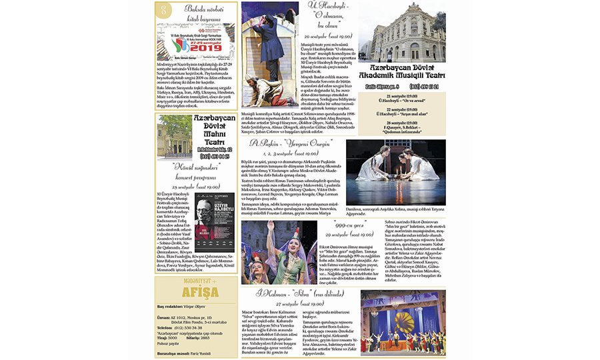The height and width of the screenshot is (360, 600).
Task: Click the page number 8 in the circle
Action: (x=164, y=10)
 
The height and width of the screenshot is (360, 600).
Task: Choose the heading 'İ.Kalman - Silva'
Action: (x=297, y=294)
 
